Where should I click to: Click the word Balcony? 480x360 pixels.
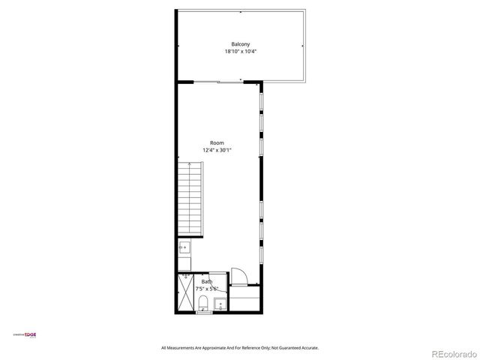[240, 44]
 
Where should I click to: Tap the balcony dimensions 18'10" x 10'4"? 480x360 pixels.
[240, 52]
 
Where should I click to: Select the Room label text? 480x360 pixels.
[217, 142]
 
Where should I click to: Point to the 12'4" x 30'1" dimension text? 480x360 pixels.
[217, 150]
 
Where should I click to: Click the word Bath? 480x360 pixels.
[206, 281]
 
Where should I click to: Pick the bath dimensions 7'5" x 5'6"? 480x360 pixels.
[206, 289]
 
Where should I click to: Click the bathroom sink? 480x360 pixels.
[220, 304]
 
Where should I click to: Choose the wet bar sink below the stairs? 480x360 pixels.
[184, 247]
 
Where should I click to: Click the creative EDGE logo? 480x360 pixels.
[27, 334]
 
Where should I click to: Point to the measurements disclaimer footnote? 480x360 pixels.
[240, 347]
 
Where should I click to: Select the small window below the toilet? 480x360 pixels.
[203, 313]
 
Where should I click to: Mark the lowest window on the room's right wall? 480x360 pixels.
[261, 253]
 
